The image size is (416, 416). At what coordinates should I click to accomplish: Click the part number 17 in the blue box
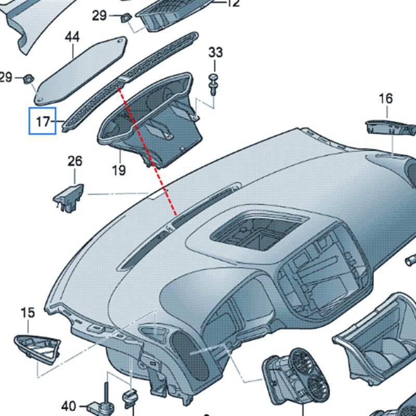point(43,122)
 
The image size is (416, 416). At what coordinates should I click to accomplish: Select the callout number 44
point(72,37)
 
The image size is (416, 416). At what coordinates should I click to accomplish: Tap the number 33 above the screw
point(215,53)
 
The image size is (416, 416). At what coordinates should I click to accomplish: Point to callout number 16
point(386,98)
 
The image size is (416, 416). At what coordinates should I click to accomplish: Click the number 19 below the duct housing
point(119,170)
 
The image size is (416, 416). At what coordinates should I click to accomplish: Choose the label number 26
point(75,161)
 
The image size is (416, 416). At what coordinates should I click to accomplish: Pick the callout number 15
point(28,313)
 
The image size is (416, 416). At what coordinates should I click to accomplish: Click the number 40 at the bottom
point(69,406)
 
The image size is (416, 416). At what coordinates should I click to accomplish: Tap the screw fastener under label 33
point(213,84)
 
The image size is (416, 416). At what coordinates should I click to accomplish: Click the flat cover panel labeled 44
point(81,71)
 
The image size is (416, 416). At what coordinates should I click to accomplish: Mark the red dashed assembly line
point(147,151)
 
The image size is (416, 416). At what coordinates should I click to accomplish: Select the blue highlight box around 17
point(43,121)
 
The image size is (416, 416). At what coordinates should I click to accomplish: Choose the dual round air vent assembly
point(297,376)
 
